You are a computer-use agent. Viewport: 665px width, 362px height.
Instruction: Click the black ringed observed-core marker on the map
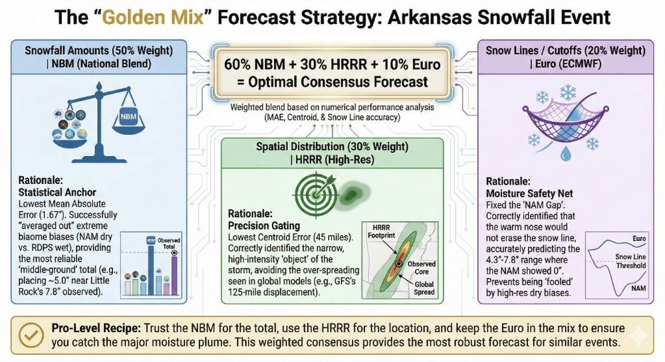[398, 264]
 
